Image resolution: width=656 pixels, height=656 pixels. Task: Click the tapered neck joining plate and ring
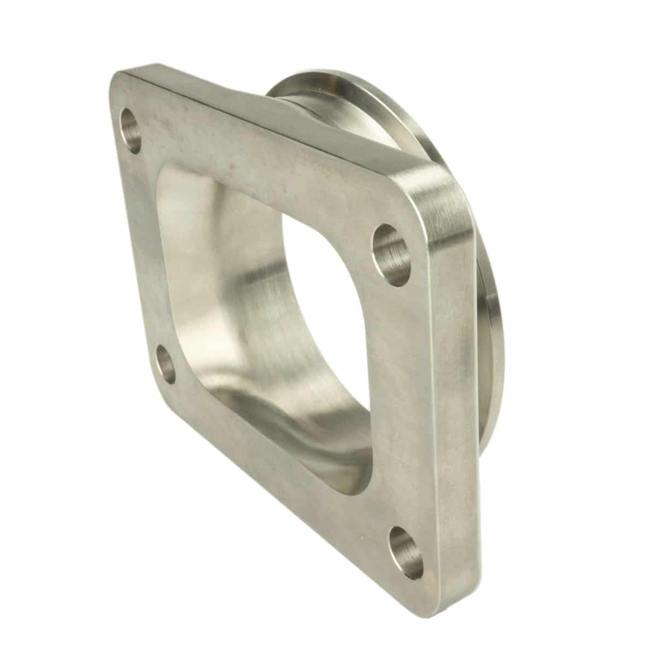[x=287, y=102]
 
